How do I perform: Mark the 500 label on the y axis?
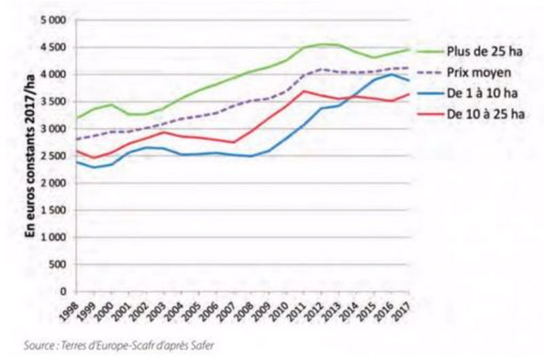[57, 264]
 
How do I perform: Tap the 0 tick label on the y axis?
[63, 291]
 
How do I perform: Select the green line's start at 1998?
[77, 118]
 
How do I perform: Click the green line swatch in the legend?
[430, 50]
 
